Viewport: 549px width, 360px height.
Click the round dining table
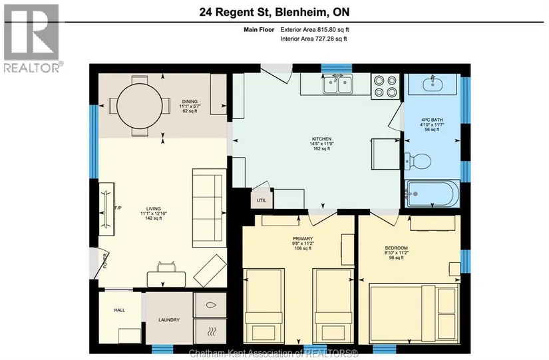[x=139, y=105]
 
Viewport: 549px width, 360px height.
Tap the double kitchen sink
[x=337, y=85]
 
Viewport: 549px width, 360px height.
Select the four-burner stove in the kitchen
[x=385, y=86]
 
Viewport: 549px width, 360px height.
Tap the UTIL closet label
[x=262, y=200]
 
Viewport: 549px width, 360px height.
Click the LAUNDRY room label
[x=169, y=319]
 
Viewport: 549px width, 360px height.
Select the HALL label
[x=119, y=310]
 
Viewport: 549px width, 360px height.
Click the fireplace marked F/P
[x=106, y=209]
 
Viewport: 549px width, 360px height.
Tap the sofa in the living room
[x=209, y=208]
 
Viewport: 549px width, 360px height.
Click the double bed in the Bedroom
[x=414, y=314]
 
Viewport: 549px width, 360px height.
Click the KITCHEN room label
[x=321, y=139]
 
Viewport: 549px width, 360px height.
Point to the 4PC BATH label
[x=432, y=120]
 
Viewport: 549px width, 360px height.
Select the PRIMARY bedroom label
[x=303, y=239]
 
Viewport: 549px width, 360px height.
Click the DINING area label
[x=190, y=102]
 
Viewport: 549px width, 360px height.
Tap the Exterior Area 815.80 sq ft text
[x=315, y=30]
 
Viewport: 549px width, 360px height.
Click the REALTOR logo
[x=33, y=38]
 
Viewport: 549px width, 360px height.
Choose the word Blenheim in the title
[x=302, y=12]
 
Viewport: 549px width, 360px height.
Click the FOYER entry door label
[x=105, y=261]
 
